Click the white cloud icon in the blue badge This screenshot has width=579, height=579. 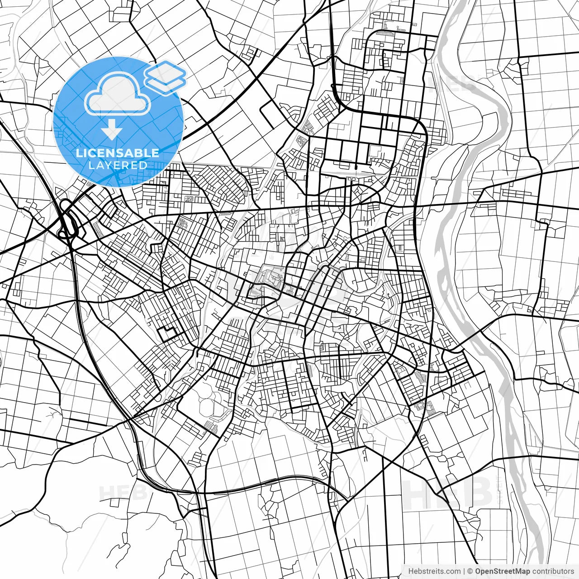coord(118,94)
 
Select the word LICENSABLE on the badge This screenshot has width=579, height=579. coord(118,153)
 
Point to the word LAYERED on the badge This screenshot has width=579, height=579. coord(118,165)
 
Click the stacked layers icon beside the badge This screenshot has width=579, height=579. coord(166,77)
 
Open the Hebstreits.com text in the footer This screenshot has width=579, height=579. coord(434,571)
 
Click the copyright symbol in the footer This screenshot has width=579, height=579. coord(470,571)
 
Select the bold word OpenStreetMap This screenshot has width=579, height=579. coord(503,571)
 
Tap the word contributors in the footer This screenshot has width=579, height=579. coord(553,571)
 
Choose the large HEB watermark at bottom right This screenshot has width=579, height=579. coord(448,493)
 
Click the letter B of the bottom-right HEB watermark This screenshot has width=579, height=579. coord(477,493)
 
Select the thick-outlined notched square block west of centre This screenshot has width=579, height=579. coord(167,334)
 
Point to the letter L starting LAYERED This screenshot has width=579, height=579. coord(91,165)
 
